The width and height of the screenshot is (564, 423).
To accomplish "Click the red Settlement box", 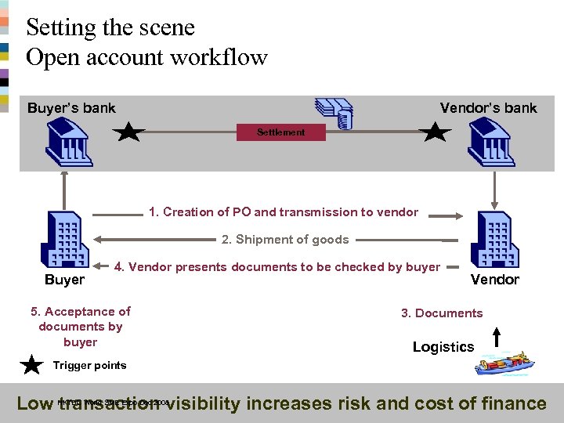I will [x=281, y=132].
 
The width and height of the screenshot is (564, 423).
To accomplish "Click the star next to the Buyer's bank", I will [x=128, y=132].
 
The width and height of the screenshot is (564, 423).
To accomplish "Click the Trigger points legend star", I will [x=32, y=366].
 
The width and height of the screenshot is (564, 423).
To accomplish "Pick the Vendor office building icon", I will [x=493, y=240].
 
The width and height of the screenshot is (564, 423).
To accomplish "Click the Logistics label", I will [x=443, y=347].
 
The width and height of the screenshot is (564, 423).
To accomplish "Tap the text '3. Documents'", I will [x=442, y=313].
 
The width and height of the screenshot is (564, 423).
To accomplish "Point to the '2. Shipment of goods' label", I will [x=285, y=240].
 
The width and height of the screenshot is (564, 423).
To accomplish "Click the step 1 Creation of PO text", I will [x=284, y=211].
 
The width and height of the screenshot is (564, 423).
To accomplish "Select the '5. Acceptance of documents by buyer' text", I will [x=81, y=327].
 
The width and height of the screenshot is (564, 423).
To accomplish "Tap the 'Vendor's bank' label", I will [x=488, y=108].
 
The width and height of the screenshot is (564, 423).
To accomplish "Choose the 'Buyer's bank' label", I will [x=71, y=108].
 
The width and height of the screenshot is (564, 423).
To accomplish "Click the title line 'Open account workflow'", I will [x=146, y=57].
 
